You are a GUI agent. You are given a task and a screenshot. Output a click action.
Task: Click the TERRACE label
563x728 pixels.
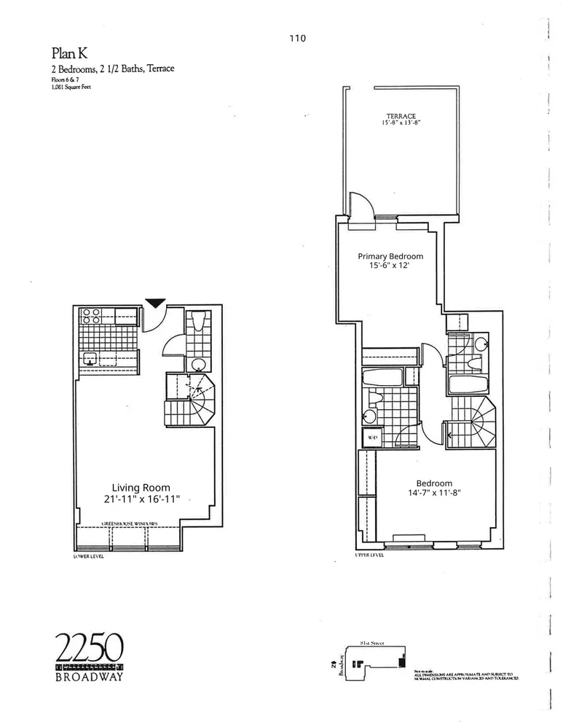(401, 116)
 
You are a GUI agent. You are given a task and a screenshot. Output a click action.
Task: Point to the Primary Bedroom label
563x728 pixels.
(390, 256)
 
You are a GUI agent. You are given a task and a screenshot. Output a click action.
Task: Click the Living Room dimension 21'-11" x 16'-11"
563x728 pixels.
(141, 499)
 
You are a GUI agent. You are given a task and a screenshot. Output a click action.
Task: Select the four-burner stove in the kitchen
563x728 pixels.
(91, 316)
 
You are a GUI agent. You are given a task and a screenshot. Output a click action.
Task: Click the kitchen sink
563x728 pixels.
(91, 357)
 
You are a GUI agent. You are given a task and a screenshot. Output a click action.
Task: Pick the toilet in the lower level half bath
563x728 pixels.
(197, 364)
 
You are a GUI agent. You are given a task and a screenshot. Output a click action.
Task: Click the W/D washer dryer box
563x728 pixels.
(371, 438)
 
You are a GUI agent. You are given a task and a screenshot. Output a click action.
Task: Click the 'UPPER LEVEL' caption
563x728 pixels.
(369, 555)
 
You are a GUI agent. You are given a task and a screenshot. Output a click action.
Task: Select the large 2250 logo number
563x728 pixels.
(90, 647)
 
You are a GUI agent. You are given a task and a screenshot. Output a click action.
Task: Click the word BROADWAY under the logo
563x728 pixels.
(90, 676)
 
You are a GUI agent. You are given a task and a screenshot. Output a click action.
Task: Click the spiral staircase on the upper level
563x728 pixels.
(477, 424)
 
